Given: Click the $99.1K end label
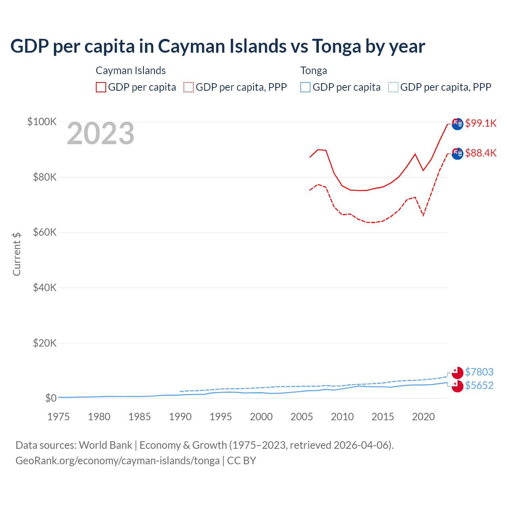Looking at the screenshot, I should [x=480, y=123].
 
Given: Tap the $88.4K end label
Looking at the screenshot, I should [x=480, y=153].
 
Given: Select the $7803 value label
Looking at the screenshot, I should [x=479, y=372].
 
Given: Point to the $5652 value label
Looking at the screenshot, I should [x=479, y=385].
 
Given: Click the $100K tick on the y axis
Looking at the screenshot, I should [x=42, y=122].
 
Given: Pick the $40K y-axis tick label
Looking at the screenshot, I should [x=45, y=288].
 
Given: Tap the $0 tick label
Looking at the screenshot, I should [x=51, y=398].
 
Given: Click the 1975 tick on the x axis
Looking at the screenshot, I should [x=59, y=417].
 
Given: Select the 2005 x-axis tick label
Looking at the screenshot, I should [x=302, y=417].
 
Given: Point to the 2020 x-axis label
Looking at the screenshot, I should [x=423, y=417].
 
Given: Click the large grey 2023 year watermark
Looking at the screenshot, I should [x=101, y=133].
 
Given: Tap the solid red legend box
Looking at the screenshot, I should [x=101, y=87].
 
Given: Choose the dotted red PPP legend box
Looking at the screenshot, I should [x=189, y=87].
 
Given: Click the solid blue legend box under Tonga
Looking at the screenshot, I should [x=305, y=87].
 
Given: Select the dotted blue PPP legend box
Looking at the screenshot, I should [x=393, y=87].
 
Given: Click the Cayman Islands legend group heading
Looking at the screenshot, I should [x=131, y=71].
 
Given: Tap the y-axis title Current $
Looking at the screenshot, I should [x=17, y=254].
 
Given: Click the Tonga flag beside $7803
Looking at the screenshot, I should [x=457, y=372].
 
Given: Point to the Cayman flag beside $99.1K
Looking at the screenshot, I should [x=457, y=124].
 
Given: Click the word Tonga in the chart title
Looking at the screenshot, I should [x=337, y=46].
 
